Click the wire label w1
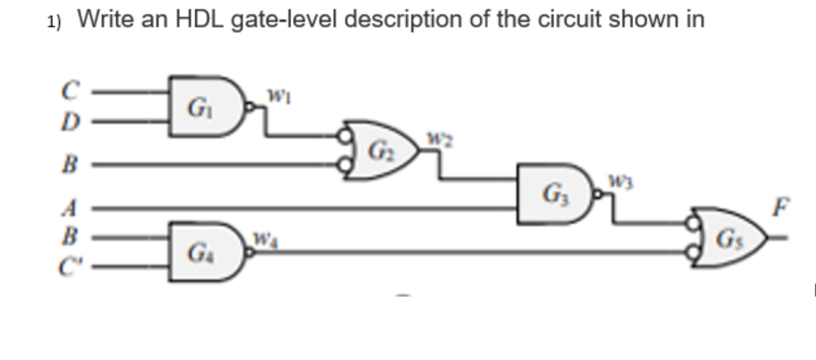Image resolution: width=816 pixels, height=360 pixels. (275, 96)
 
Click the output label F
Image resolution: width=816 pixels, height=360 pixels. (782, 208)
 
